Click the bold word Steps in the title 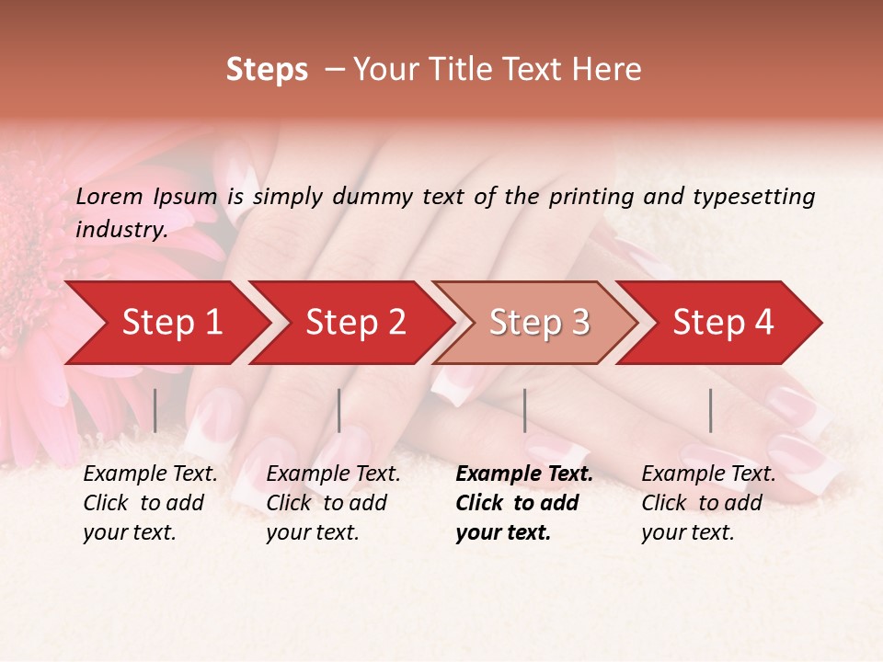pos(267,70)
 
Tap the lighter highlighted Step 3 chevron pos(539,323)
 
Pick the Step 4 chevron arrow pos(723,323)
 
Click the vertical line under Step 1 pos(155,410)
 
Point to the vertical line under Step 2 pos(339,410)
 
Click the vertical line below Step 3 pos(525,410)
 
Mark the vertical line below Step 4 pos(711,410)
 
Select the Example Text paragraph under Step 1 pos(150,502)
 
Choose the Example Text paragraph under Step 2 pos(333,502)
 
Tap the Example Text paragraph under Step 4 pos(708,502)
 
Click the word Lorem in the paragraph pos(109,196)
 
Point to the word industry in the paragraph pos(120,230)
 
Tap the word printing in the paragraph pos(590,196)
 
